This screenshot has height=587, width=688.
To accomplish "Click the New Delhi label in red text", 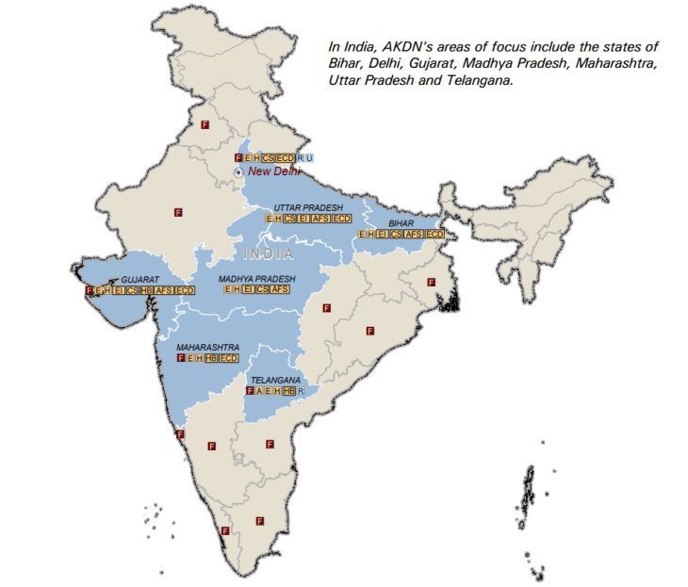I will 274,171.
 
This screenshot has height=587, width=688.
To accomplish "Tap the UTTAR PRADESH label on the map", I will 308,207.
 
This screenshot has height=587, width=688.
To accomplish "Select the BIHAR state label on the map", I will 401,223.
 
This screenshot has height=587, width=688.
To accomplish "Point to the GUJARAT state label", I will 139,280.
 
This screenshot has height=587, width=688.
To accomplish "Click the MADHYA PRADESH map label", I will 256,279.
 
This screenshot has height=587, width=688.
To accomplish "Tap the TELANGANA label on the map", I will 275,380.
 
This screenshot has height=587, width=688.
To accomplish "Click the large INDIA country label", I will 268,254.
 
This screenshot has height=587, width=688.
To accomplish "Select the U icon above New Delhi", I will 308,157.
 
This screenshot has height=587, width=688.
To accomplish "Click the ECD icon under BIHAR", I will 434,234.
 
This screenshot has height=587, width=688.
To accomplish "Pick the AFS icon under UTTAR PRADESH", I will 320,219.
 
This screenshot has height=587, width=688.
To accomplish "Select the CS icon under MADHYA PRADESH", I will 262,290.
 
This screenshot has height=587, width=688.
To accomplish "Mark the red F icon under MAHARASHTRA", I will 181,359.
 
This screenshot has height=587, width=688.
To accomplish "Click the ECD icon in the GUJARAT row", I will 185,291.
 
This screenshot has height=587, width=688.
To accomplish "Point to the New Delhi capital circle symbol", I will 238,171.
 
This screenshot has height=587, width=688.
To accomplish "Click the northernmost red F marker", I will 205,124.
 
